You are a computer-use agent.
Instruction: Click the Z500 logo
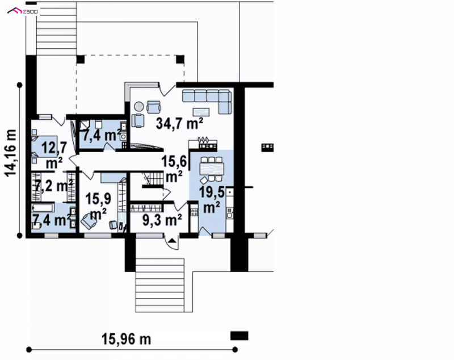coord(22,11)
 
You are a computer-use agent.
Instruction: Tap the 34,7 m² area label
coord(179,123)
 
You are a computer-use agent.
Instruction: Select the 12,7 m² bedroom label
coord(54,155)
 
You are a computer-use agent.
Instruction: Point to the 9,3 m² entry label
coord(162,220)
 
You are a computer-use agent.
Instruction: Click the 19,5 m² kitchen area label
coord(212,200)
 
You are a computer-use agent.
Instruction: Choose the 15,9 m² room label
coord(98,206)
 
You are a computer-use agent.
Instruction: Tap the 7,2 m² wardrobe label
coord(54,186)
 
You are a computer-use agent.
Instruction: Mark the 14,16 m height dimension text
coord(11,152)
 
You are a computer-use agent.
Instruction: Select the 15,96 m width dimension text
coord(126,339)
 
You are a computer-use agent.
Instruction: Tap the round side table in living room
coord(138,106)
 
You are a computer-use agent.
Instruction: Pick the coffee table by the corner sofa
coord(201,111)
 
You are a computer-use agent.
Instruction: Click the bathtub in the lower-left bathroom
coord(43,208)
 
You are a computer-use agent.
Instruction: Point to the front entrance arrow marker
coord(172,240)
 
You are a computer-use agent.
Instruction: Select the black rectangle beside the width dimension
coord(239,336)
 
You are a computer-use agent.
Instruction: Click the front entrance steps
coord(160,285)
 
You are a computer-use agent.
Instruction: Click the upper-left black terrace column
coord(81,59)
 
